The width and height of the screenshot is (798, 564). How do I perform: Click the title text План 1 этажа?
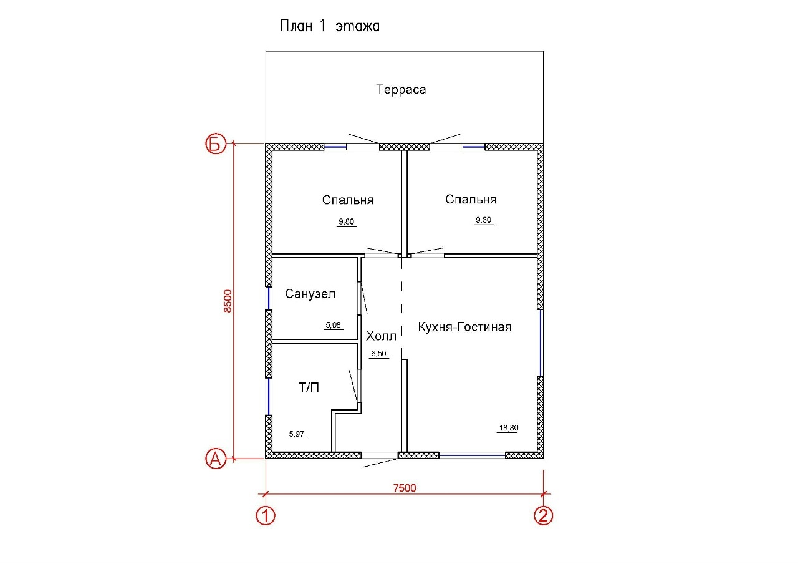click(330, 26)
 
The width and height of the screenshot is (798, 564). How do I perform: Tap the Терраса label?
click(401, 89)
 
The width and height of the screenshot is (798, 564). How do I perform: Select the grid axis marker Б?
click(216, 143)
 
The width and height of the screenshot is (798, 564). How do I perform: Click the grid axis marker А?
click(216, 459)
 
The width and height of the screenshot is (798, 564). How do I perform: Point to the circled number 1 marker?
click(266, 515)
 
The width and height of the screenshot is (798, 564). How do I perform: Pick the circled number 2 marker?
click(543, 515)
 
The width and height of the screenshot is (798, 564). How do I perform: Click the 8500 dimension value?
click(228, 301)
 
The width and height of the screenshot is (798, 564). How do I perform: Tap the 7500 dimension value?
click(405, 488)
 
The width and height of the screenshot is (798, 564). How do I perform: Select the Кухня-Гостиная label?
click(464, 327)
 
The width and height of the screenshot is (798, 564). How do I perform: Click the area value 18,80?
click(508, 428)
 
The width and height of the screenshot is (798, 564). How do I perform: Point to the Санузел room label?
click(310, 294)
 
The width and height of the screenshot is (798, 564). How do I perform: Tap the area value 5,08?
click(333, 325)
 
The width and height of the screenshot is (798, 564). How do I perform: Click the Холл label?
click(381, 336)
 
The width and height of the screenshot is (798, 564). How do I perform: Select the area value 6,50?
click(378, 354)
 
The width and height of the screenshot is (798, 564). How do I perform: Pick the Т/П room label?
click(309, 387)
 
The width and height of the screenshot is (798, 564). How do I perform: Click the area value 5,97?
click(296, 434)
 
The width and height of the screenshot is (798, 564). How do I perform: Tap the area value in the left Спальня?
click(346, 221)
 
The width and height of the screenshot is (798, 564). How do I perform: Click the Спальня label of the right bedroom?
click(471, 199)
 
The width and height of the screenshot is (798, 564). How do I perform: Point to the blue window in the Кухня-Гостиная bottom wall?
click(472, 455)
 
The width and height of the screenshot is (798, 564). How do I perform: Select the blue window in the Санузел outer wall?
click(270, 298)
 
